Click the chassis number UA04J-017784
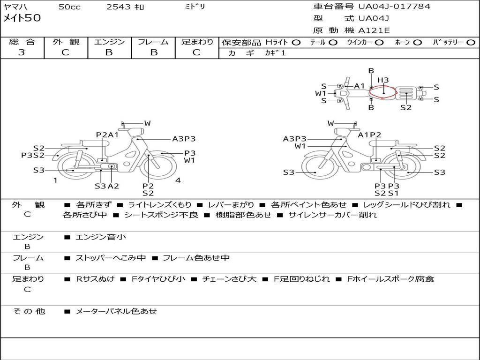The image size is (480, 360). click(394, 7)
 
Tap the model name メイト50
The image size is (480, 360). click(22, 18)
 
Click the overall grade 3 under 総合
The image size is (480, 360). click(22, 52)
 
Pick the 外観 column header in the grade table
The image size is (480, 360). click(66, 42)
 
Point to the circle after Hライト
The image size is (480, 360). click(296, 43)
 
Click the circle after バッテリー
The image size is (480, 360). click(471, 43)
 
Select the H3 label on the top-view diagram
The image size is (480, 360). click(383, 80)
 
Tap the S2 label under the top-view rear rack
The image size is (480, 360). click(406, 108)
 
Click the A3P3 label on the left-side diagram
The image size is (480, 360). click(184, 139)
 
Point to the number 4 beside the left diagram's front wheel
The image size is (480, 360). click(178, 180)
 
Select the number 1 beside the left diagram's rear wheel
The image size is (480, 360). click(55, 180)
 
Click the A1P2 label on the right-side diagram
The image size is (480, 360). click(369, 135)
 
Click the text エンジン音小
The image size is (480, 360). click(101, 237)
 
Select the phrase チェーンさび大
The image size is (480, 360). click(229, 279)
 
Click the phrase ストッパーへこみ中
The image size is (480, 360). click(111, 258)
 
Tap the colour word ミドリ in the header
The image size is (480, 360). click(195, 7)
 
